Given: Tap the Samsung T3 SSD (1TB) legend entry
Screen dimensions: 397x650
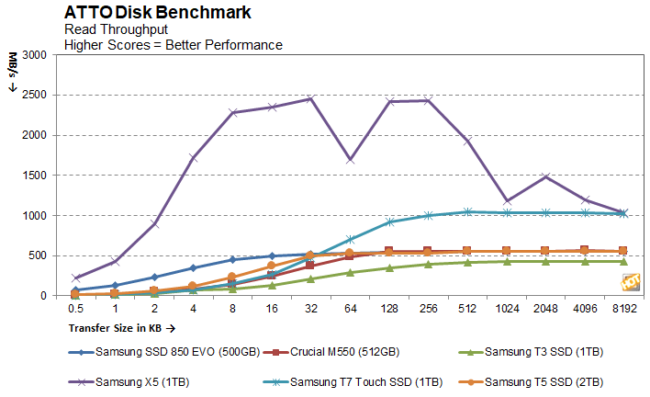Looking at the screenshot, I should [x=536, y=351].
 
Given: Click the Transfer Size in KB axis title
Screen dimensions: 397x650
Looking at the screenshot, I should [x=118, y=326].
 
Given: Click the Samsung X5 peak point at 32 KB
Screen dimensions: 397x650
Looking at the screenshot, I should [x=310, y=98].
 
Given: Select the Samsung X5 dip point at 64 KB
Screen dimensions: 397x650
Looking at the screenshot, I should [x=350, y=160].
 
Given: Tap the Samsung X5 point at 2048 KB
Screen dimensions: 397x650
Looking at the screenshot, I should [x=545, y=176].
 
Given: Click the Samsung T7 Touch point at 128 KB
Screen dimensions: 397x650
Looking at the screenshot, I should [x=389, y=221].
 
